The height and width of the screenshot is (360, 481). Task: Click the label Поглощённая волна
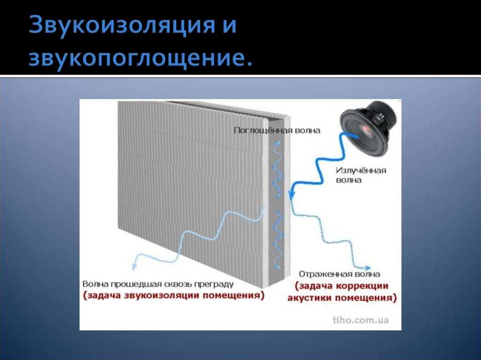coord(277,130)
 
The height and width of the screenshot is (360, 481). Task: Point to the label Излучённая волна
coord(361,175)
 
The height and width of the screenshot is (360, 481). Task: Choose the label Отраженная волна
coord(339,274)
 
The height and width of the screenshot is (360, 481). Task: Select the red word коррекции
coord(362,286)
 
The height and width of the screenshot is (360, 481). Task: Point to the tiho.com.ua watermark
coord(360,320)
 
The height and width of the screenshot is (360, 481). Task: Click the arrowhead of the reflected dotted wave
coord(367,268)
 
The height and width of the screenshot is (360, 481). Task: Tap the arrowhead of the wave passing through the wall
coord(134,267)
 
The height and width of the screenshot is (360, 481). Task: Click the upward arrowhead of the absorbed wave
coord(278,142)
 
